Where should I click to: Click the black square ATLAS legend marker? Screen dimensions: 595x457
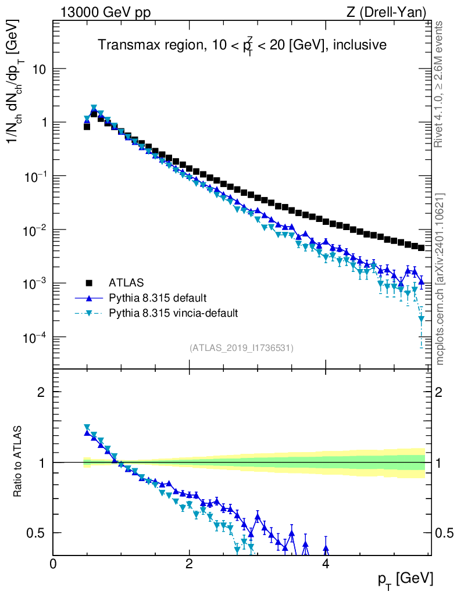tap(90, 283)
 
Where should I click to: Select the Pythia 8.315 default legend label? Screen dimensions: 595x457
tap(158, 298)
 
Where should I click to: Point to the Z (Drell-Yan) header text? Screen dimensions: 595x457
tap(392, 12)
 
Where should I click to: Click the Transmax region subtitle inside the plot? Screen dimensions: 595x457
tap(242, 45)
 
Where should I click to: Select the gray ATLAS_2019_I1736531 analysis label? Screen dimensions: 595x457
tap(241, 348)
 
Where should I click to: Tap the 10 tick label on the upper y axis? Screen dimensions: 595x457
tap(40, 69)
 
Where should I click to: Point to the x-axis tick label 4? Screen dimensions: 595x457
tap(326, 564)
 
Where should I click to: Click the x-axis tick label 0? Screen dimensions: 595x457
tap(53, 564)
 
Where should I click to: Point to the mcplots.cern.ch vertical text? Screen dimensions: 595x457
tap(440, 279)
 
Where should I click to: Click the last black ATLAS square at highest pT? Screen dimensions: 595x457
tap(421, 248)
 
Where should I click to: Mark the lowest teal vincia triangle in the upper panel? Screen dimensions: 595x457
tap(421, 319)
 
